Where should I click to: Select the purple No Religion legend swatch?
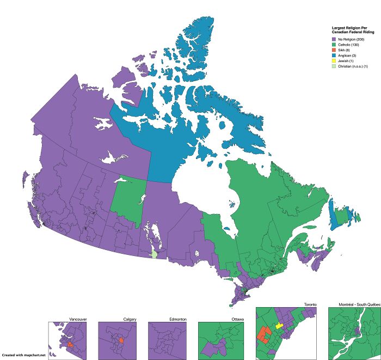(x=334, y=40)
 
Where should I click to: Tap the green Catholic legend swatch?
(x=334, y=45)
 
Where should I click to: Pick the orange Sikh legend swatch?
(x=334, y=50)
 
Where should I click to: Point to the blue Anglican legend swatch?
(x=334, y=56)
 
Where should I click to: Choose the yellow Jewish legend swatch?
(x=334, y=60)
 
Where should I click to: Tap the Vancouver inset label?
(x=78, y=319)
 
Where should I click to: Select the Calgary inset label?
(x=130, y=319)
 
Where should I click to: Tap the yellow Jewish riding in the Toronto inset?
(x=279, y=326)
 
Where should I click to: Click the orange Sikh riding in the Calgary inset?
(x=121, y=340)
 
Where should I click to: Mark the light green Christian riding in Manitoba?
(x=155, y=254)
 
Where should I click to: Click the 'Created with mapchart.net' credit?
(x=23, y=355)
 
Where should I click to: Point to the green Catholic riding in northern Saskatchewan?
(x=128, y=199)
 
